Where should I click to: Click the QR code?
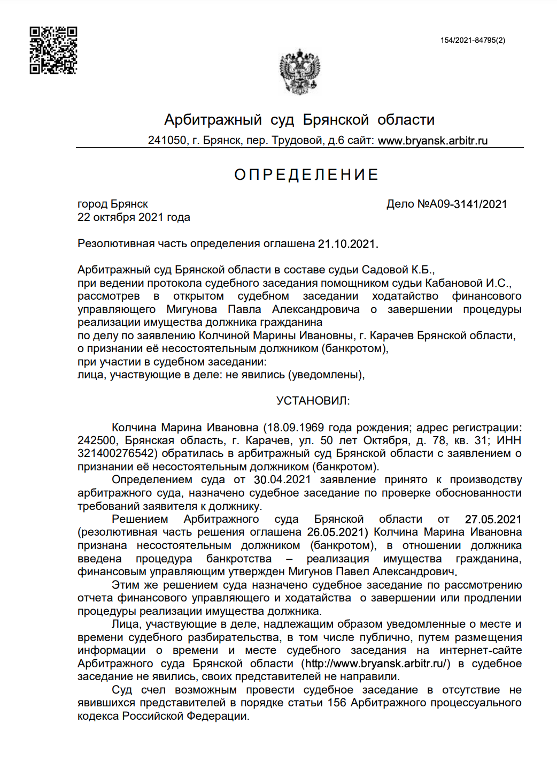tap(53, 50)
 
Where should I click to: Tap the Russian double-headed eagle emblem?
tap(299, 72)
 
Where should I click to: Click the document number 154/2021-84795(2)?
tap(473, 40)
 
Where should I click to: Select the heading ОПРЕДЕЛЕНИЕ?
tap(306, 174)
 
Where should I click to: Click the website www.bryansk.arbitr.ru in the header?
tap(432, 141)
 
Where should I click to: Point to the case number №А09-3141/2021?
tap(462, 204)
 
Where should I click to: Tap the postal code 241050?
tap(167, 141)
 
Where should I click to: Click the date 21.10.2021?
tap(347, 244)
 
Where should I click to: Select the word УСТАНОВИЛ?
tap(313, 401)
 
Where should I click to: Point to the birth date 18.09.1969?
tap(296, 428)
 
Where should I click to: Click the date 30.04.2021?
tap(282, 480)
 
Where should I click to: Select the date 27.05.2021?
tap(493, 519)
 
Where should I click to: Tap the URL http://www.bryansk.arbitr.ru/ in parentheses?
tap(376, 664)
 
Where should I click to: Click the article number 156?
tap(337, 703)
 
